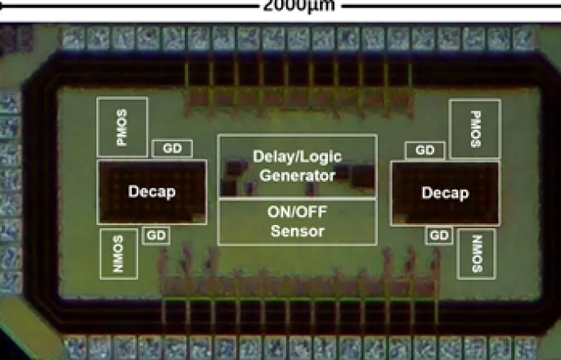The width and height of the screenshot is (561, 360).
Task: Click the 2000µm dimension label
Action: coord(299,6)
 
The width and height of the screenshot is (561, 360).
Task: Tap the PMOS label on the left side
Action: coord(122,128)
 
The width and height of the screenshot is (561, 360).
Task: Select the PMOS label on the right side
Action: coord(475,128)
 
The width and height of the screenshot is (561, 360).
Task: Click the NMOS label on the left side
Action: coord(119,254)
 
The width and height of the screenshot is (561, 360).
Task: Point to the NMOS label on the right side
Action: coord(478,254)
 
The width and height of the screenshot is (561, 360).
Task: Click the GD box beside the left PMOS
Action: coord(173,149)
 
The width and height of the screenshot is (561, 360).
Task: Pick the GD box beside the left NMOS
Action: coord(156,236)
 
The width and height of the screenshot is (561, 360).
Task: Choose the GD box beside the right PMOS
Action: coord(425,151)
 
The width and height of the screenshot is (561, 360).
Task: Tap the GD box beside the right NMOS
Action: coord(439,236)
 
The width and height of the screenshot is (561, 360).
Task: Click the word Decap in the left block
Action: coord(152,191)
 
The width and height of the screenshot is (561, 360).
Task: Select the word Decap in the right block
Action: coord(445,193)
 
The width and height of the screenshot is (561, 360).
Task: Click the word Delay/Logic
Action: coord(298,157)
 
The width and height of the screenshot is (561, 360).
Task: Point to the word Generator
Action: coord(298,175)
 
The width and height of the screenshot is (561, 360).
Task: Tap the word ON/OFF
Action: coord(298,212)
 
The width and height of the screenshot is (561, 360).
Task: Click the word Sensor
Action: coord(298,231)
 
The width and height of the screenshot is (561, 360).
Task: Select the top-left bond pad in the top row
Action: coord(74,38)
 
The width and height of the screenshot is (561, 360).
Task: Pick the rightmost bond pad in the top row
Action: coord(523,38)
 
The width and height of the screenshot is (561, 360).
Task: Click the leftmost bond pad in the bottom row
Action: coord(76,348)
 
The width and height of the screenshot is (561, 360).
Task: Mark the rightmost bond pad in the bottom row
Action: coord(526,348)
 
